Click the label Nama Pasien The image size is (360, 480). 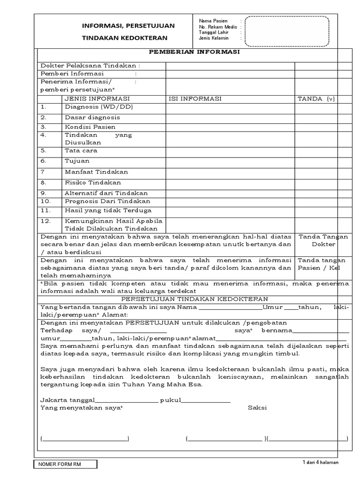pyautogui.click(x=213, y=21)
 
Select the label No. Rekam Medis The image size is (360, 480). pyautogui.click(x=217, y=27)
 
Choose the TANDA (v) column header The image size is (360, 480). pyautogui.click(x=317, y=99)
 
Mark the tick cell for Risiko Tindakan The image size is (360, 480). pyautogui.click(x=322, y=183)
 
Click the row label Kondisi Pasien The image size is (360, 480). pyautogui.click(x=90, y=127)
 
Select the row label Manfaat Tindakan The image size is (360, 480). pyautogui.click(x=96, y=172)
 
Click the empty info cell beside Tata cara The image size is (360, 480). pyautogui.click(x=230, y=151)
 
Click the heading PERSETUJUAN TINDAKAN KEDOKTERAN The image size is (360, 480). pyautogui.click(x=194, y=299)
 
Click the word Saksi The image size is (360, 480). pyautogui.click(x=257, y=408)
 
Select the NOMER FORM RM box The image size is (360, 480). pyautogui.click(x=65, y=464)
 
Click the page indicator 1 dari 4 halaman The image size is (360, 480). pyautogui.click(x=321, y=463)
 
